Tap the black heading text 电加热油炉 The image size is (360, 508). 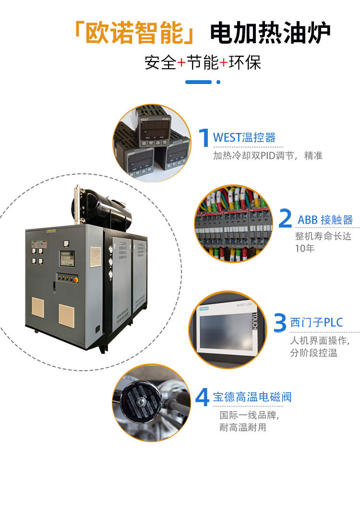point(271,34)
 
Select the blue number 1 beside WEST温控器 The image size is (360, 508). point(204,138)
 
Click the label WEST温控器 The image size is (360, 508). point(244,138)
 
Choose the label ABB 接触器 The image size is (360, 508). point(325,220)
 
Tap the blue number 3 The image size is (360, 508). point(280,322)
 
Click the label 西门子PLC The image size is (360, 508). point(316,322)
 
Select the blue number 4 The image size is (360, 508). point(202,397)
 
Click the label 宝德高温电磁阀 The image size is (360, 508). point(252,397)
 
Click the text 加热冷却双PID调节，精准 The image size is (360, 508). point(268,156)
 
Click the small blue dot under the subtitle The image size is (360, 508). point(218,82)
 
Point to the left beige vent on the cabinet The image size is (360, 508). point(38,307)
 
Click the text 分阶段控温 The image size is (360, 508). point(314,353)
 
